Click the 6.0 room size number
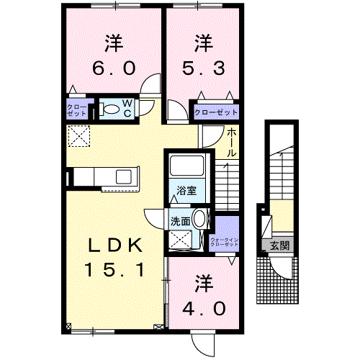112,68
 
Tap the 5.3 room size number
204,68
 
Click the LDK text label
114,246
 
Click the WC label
127,109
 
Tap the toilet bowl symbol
110,109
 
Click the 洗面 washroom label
180,221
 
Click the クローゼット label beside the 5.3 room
216,113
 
